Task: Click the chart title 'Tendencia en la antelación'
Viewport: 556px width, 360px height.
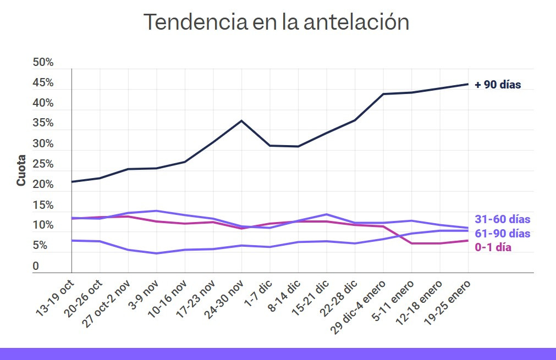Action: coord(276,22)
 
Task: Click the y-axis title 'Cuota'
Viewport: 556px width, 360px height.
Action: coord(21,171)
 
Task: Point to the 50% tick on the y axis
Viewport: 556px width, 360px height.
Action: coord(43,63)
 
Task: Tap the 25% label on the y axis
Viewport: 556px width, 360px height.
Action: coord(43,164)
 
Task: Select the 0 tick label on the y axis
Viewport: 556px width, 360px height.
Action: coord(36,267)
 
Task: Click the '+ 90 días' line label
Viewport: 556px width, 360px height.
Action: coord(498,85)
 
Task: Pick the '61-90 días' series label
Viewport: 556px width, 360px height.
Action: coord(502,234)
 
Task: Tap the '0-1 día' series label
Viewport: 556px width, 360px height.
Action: coord(493,247)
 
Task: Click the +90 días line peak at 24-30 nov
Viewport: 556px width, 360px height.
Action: coord(241,120)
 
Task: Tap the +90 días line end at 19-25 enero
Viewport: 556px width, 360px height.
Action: coord(467,84)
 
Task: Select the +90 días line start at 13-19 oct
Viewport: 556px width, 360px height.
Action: coord(71,181)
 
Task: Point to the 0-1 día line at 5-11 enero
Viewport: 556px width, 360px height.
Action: coord(411,243)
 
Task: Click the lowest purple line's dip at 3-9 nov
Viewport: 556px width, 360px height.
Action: coord(157,253)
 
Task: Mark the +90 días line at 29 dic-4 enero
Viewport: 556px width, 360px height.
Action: coord(383,94)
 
